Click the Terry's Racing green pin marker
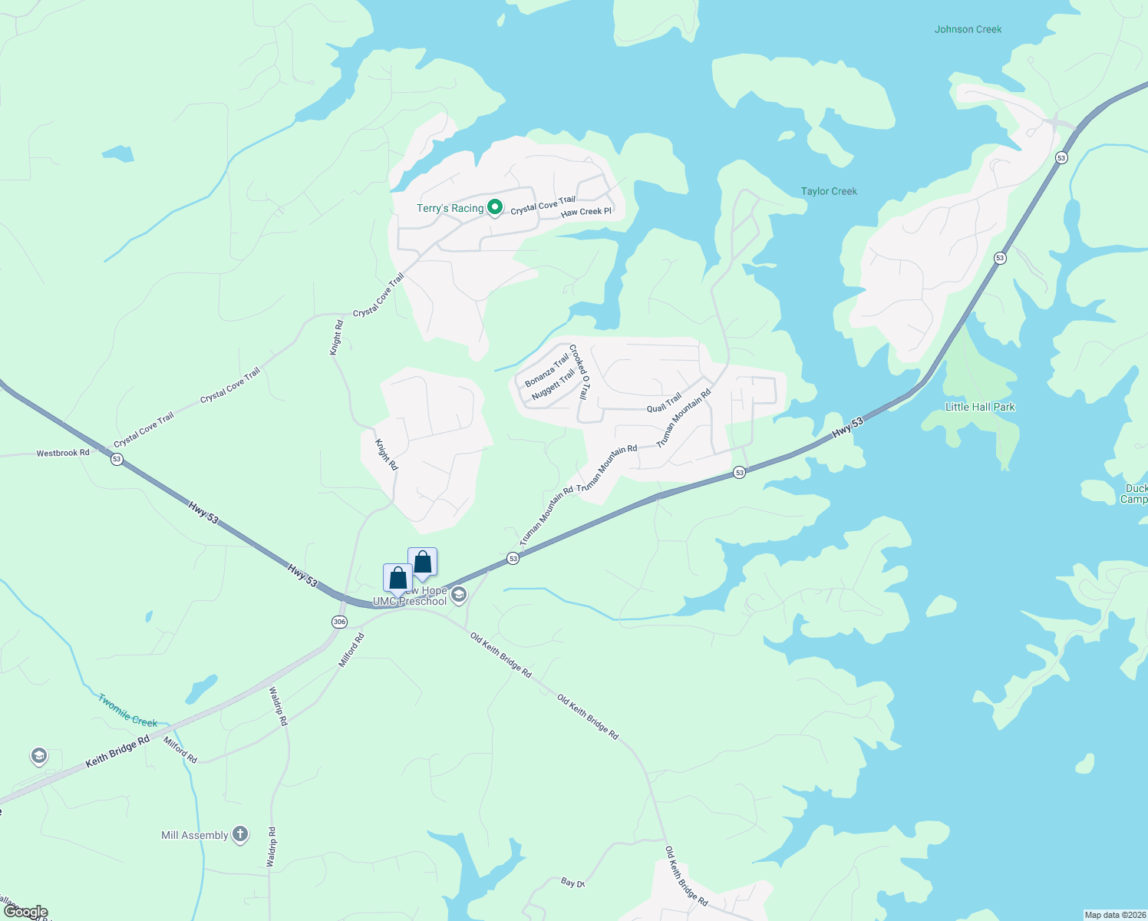[x=496, y=207]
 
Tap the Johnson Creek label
[x=968, y=29]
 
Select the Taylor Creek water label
[x=829, y=191]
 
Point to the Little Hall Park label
[x=980, y=407]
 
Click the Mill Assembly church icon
[x=240, y=834]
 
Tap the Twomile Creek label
[x=127, y=711]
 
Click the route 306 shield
[x=339, y=621]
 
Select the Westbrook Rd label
[x=63, y=453]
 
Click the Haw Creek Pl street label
[x=586, y=212]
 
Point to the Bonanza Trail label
[x=547, y=370]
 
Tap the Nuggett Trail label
[x=553, y=384]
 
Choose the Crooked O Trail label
[x=579, y=371]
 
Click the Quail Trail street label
[x=664, y=403]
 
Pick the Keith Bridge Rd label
[x=117, y=751]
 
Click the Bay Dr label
[x=572, y=883]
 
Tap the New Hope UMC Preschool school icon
[x=459, y=595]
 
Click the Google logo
[x=25, y=912]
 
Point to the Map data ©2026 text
[x=1114, y=915]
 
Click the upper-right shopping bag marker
[x=422, y=563]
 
